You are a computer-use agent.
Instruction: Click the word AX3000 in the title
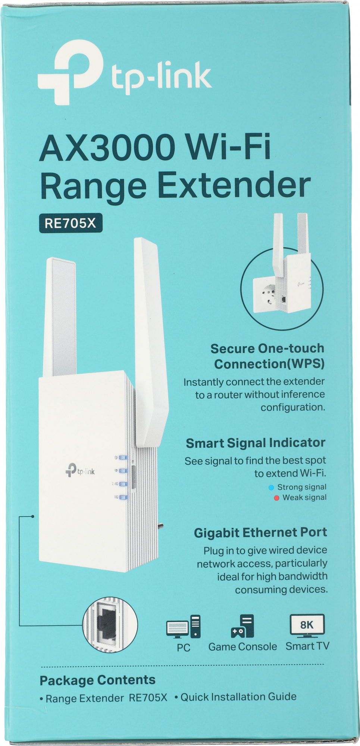(107, 148)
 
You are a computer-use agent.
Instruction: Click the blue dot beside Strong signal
(271, 488)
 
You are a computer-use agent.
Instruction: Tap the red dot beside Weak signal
(276, 498)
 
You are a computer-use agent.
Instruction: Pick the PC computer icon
(183, 626)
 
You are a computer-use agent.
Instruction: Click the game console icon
(242, 626)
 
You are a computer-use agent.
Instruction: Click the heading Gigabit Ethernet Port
(260, 533)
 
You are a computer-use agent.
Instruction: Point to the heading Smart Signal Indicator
(256, 443)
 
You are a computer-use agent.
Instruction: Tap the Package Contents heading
(97, 680)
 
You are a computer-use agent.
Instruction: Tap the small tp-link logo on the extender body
(80, 471)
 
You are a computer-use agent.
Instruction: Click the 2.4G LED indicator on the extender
(123, 484)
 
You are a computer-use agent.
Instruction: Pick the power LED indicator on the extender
(123, 458)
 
